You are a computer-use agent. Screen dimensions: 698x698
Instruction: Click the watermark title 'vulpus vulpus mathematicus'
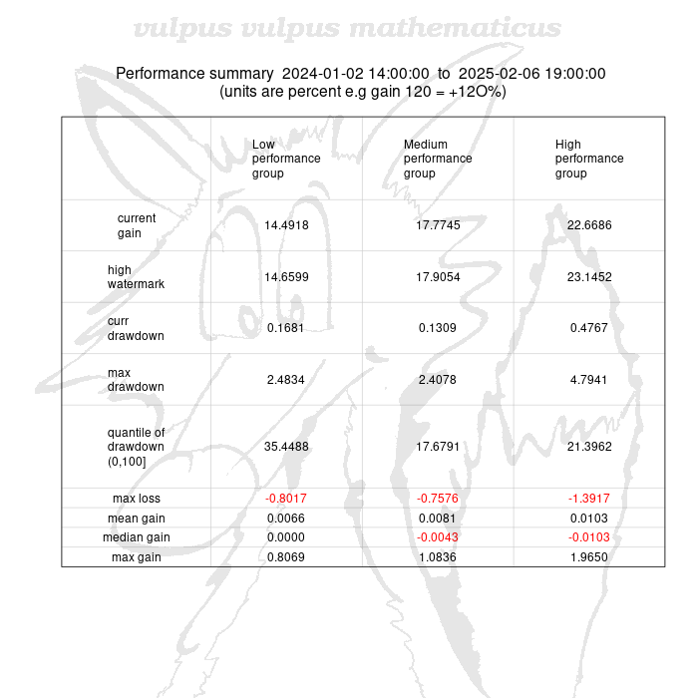(347, 28)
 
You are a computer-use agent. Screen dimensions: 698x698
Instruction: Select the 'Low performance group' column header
(286, 159)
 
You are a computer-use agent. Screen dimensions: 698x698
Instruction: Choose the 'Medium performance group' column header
(438, 159)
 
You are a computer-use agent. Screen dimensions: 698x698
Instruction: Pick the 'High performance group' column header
(589, 159)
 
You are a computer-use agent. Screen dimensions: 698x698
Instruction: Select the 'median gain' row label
(137, 537)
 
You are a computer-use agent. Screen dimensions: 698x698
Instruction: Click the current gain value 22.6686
(589, 225)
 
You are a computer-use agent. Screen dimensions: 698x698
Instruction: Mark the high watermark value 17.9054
(438, 277)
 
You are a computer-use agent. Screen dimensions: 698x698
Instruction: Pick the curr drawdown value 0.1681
(286, 328)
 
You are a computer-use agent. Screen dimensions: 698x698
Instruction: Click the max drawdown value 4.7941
(589, 380)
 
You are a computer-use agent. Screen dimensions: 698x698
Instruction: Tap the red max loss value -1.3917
(589, 499)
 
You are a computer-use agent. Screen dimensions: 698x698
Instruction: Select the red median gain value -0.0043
(438, 537)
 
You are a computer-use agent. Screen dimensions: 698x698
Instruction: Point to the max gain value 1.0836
(438, 557)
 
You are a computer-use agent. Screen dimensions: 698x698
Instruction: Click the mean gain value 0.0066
(286, 519)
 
